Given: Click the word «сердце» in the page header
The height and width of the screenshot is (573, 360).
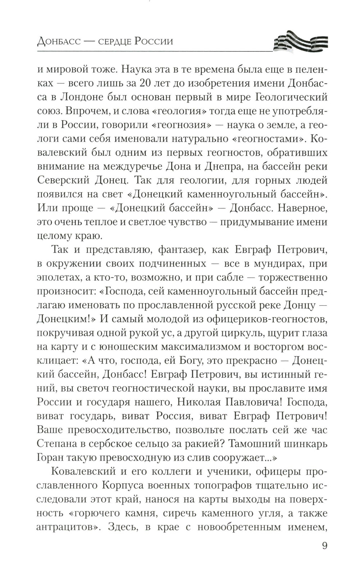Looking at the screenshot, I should click(109, 41).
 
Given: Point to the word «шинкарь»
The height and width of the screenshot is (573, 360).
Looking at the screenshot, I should click(303, 443).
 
